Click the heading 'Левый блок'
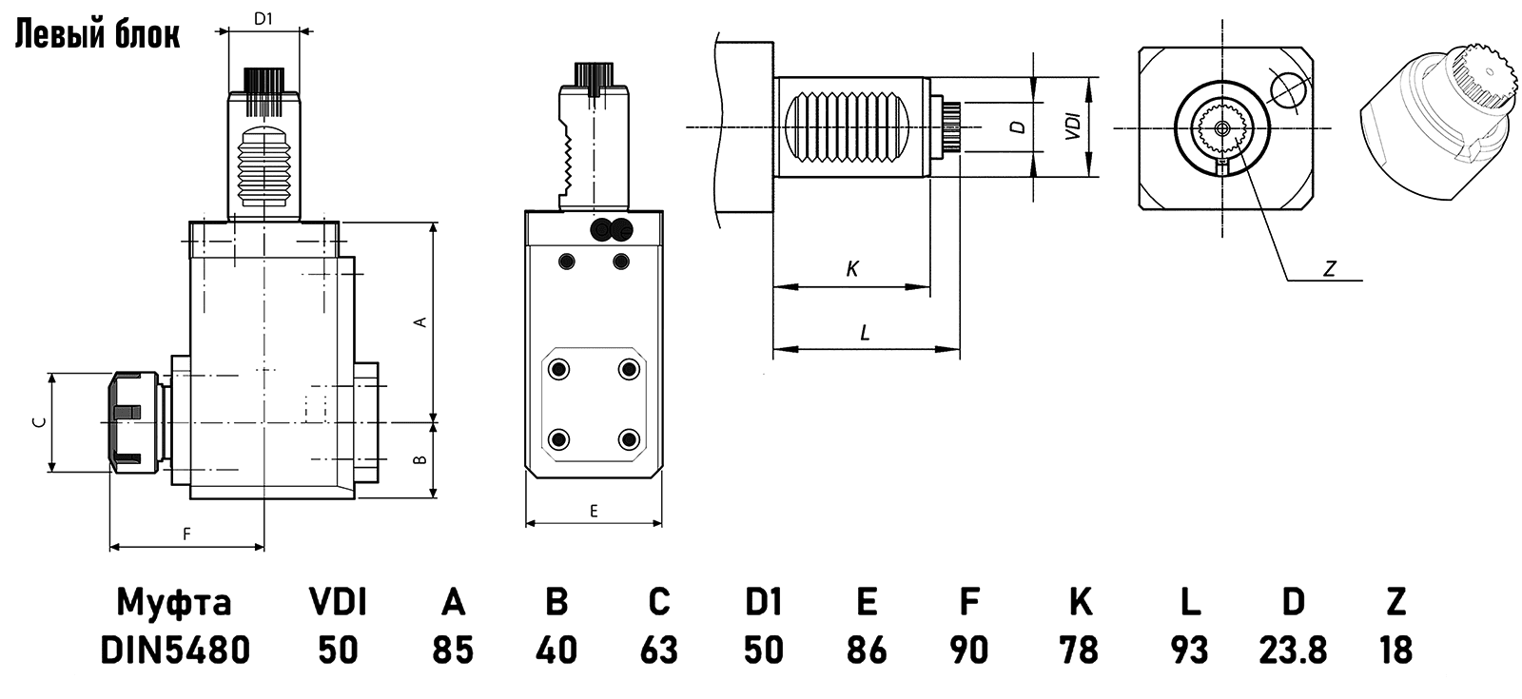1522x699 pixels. pyautogui.click(x=96, y=34)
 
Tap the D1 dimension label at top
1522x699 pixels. pyautogui.click(x=264, y=18)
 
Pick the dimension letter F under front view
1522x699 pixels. pyautogui.click(x=187, y=534)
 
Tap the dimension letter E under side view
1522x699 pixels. pyautogui.click(x=594, y=511)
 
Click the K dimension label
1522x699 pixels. pyautogui.click(x=852, y=270)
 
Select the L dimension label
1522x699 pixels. pyautogui.click(x=865, y=333)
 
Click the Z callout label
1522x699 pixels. pyautogui.click(x=1330, y=270)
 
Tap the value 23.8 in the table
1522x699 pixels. pyautogui.click(x=1292, y=650)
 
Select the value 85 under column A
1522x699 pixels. pyautogui.click(x=453, y=650)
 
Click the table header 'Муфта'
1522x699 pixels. pyautogui.click(x=174, y=601)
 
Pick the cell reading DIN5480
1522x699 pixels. pyautogui.click(x=176, y=650)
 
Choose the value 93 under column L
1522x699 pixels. pyautogui.click(x=1188, y=650)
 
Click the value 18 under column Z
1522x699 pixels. pyautogui.click(x=1395, y=650)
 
